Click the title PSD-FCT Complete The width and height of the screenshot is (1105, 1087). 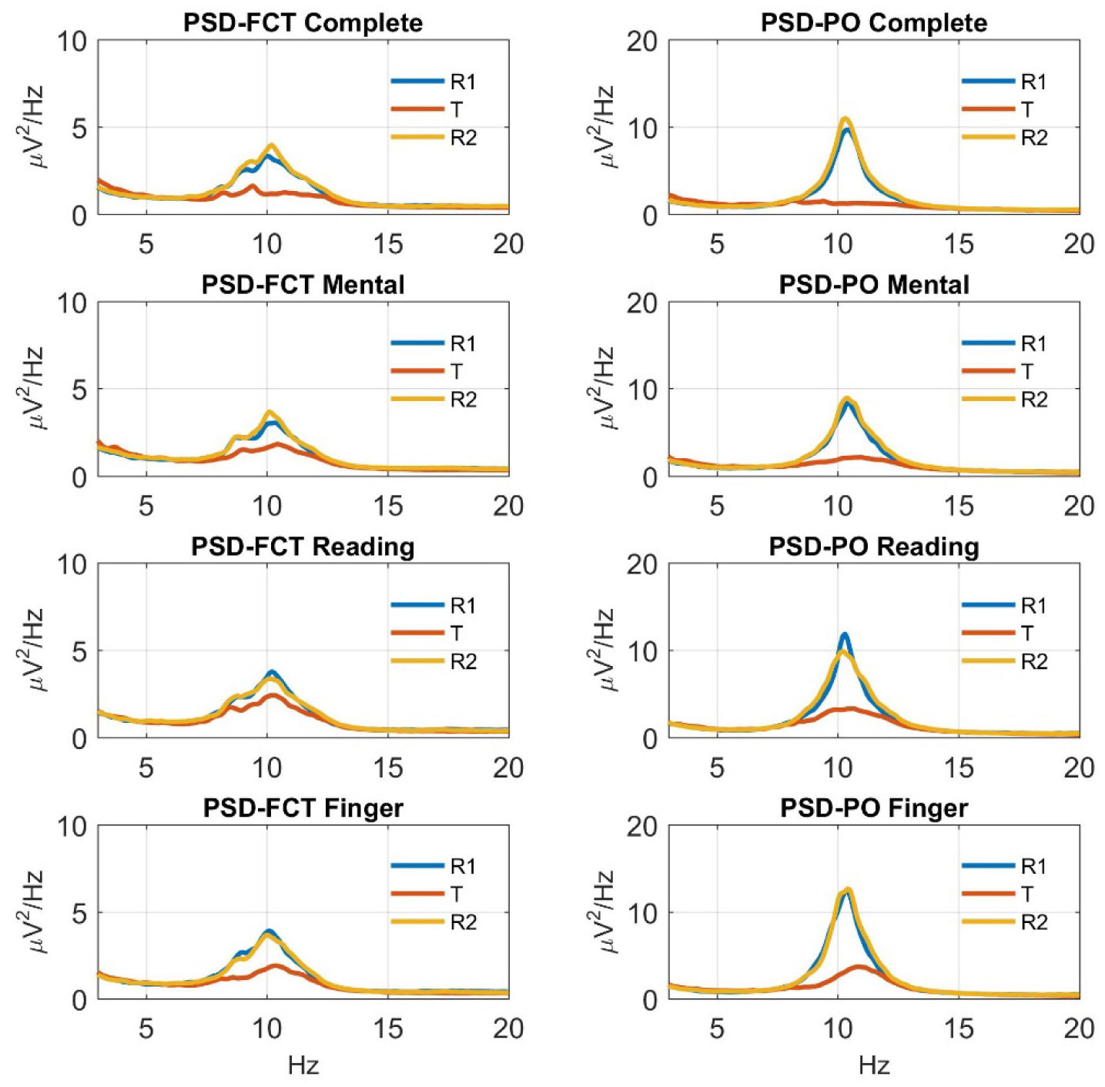[303, 22]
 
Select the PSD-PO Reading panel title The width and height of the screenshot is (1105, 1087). [874, 547]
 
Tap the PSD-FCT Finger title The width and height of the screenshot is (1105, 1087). [303, 808]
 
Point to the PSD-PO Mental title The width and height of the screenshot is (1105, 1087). [874, 285]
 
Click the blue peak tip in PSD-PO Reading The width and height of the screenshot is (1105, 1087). [845, 634]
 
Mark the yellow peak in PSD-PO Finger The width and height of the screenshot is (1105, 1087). [849, 889]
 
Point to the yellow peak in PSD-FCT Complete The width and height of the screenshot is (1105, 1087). [271, 145]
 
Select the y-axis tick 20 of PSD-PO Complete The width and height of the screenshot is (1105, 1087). [641, 41]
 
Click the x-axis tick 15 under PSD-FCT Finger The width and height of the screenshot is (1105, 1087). [388, 1028]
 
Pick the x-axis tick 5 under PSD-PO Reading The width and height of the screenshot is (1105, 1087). [717, 767]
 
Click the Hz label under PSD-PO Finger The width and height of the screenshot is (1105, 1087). [874, 1065]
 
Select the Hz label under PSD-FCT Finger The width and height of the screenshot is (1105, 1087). [303, 1065]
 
